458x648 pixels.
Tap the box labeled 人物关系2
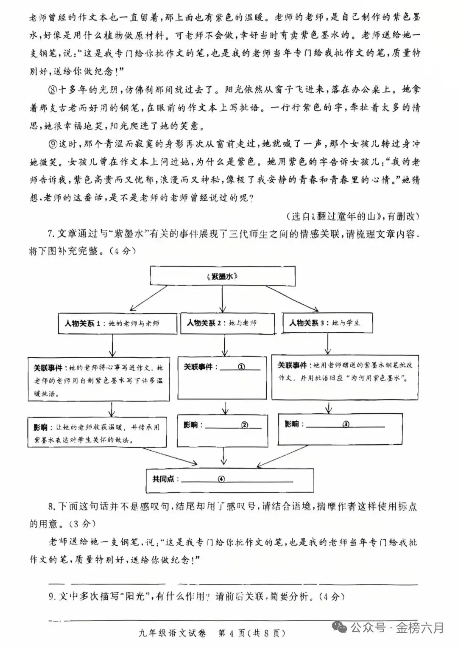tap(222, 323)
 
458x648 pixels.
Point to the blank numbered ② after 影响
tap(244, 425)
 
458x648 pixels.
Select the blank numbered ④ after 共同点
tap(221, 479)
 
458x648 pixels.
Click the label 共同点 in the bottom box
tap(164, 479)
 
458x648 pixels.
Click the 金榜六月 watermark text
tap(420, 627)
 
